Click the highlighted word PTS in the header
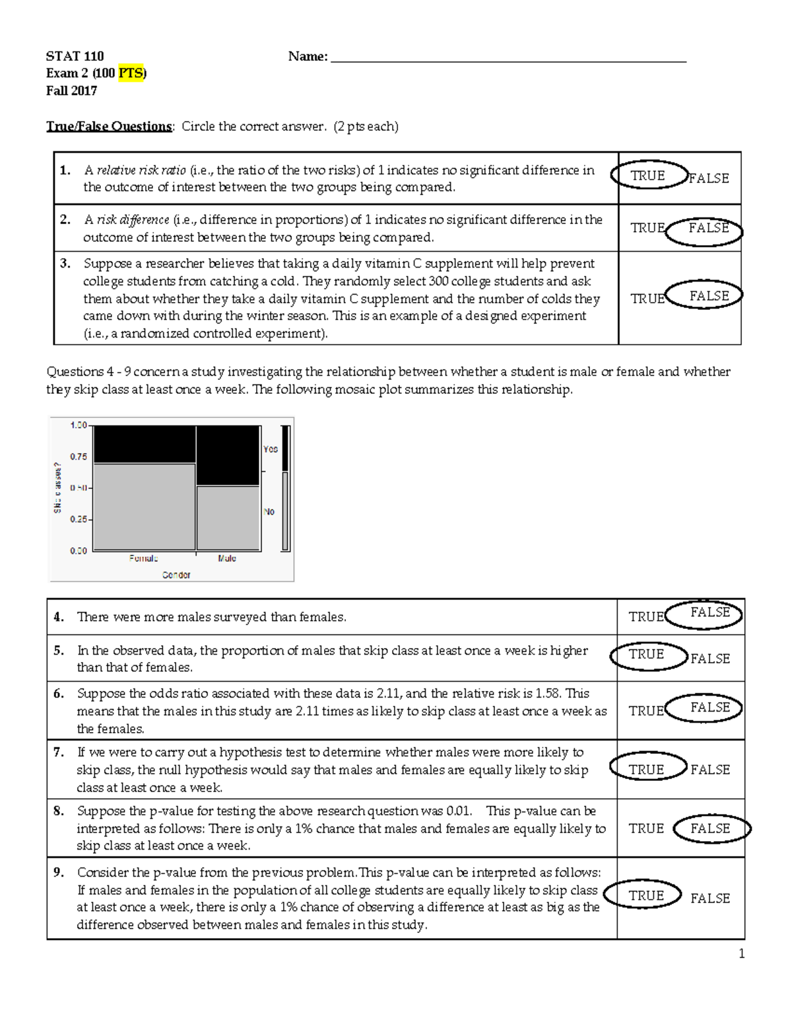pyautogui.click(x=131, y=73)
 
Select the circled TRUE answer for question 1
pyautogui.click(x=647, y=176)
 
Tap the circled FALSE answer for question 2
pyautogui.click(x=708, y=229)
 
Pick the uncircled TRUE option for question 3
pyautogui.click(x=647, y=299)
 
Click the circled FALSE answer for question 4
pyautogui.click(x=709, y=613)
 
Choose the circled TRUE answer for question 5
pyautogui.click(x=646, y=655)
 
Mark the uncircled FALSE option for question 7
pyautogui.click(x=710, y=770)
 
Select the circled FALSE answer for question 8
pyautogui.click(x=710, y=828)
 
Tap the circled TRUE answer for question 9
pyautogui.click(x=646, y=896)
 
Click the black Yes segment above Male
pyautogui.click(x=228, y=455)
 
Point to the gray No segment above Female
pyautogui.click(x=145, y=506)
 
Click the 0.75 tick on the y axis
pyautogui.click(x=79, y=457)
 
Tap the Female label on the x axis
pyautogui.click(x=143, y=558)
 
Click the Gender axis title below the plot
pyautogui.click(x=176, y=575)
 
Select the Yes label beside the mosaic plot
pyautogui.click(x=271, y=449)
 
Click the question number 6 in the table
pyautogui.click(x=59, y=694)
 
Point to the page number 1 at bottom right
pyautogui.click(x=741, y=953)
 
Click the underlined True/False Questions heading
pyautogui.click(x=109, y=126)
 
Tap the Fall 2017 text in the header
pyautogui.click(x=71, y=91)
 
